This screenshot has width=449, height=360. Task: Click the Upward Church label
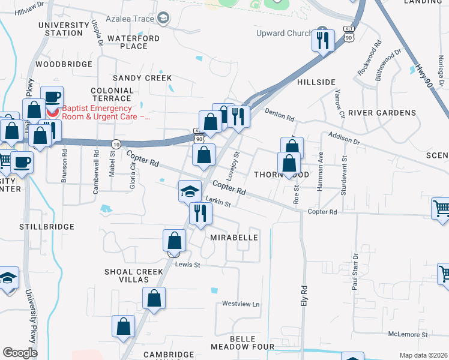(284, 33)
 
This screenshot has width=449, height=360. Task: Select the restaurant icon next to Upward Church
(323, 41)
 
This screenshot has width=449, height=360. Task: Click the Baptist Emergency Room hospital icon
(53, 112)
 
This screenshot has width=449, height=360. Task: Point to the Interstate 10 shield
(116, 143)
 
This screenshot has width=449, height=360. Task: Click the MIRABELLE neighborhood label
(234, 238)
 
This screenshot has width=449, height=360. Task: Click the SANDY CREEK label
(142, 78)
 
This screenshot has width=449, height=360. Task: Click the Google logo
(20, 353)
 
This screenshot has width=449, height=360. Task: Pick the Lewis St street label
(187, 264)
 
